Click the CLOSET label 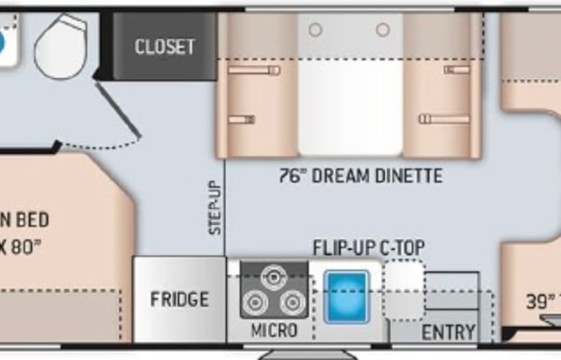(x=164, y=47)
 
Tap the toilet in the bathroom (x=61, y=45)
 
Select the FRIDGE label (x=179, y=299)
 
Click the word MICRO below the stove (x=274, y=331)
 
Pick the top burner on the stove (x=274, y=277)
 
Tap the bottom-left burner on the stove (x=256, y=303)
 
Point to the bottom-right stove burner (x=292, y=303)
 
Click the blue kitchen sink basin (x=346, y=296)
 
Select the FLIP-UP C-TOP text (x=368, y=248)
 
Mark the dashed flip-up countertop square (x=404, y=289)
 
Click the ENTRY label (x=448, y=332)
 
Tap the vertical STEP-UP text (x=216, y=207)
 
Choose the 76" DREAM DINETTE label (x=360, y=177)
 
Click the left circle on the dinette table (x=315, y=30)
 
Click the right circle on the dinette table (x=382, y=30)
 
